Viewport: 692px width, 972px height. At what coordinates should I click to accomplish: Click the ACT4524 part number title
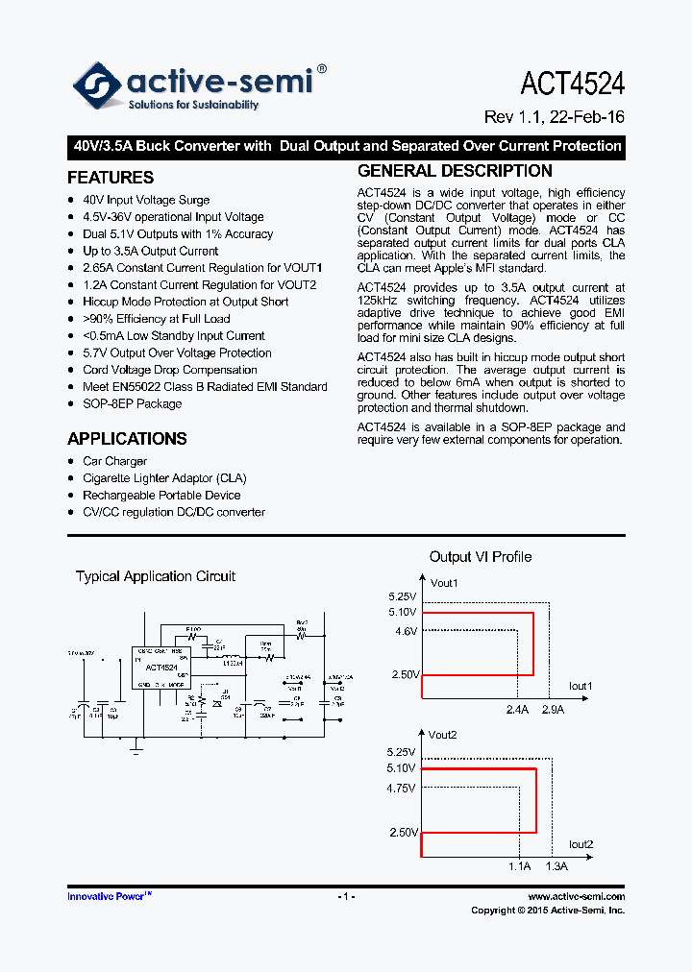coord(572,84)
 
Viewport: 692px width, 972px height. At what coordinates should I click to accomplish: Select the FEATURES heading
coord(111,178)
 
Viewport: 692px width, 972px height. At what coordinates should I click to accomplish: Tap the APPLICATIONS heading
coord(127,439)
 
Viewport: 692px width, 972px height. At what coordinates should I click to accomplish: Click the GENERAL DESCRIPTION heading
coord(455,171)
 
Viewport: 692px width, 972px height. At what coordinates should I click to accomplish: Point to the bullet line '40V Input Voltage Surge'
coord(146,200)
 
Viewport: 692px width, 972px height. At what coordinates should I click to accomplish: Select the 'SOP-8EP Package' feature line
coord(132,403)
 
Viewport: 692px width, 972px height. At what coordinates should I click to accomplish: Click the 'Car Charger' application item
coord(114,461)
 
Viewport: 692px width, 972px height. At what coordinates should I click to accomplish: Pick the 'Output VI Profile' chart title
coord(480,557)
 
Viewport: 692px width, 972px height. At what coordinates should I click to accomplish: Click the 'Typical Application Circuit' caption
coord(156,576)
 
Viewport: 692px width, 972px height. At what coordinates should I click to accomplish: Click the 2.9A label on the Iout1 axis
coord(553,710)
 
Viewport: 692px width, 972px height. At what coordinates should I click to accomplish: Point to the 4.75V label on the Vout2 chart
coord(401,788)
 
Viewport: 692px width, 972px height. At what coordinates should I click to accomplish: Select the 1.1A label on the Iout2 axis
coord(519,866)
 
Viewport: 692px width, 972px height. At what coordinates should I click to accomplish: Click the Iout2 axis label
coord(581,844)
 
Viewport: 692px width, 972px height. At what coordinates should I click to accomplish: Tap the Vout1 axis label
coord(444,583)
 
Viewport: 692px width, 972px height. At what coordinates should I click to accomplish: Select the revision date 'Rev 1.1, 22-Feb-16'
coord(554,117)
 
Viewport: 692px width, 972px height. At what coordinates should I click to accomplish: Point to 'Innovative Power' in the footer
coord(107,896)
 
